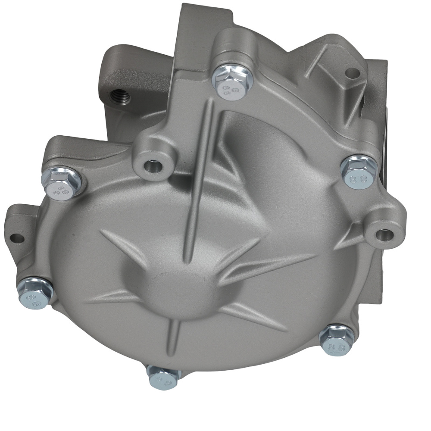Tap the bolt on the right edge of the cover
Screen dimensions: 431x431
(358, 171)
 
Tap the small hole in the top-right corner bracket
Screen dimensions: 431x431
(352, 73)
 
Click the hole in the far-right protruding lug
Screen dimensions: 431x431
(383, 235)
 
